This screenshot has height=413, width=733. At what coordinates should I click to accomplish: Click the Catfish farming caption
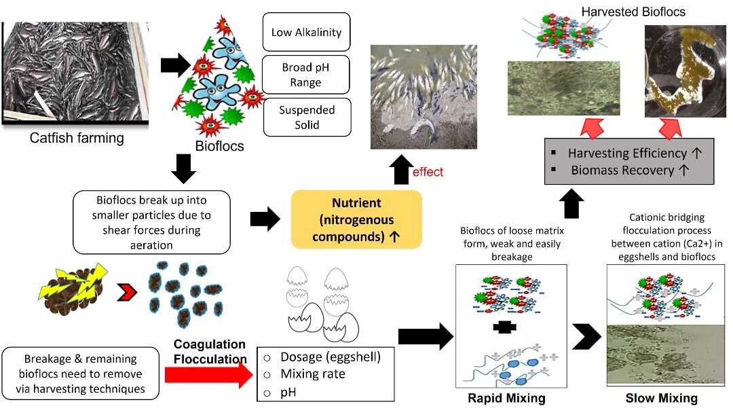[77, 139]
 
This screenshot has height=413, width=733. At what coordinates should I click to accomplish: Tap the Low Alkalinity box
[306, 32]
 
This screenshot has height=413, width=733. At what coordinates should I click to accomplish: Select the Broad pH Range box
[306, 76]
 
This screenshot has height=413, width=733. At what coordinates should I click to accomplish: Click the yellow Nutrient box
[356, 219]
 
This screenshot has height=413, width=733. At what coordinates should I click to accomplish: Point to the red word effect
[428, 172]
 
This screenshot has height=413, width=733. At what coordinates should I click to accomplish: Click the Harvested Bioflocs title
[624, 12]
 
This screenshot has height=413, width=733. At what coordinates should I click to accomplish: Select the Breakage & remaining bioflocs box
[80, 374]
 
